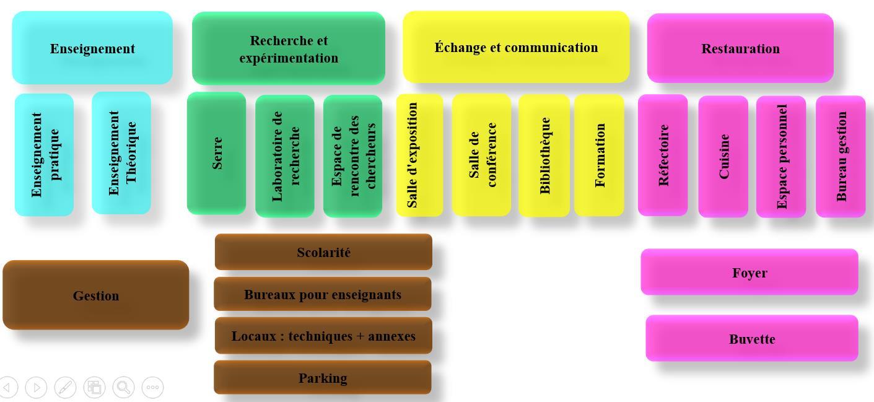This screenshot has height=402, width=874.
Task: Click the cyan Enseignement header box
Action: click(92, 48)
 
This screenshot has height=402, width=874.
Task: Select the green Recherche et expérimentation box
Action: click(289, 49)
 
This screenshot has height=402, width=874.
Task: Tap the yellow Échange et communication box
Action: click(516, 47)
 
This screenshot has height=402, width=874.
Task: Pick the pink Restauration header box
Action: click(740, 48)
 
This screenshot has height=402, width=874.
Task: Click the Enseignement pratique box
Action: click(45, 155)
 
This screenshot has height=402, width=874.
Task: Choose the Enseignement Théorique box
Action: click(121, 153)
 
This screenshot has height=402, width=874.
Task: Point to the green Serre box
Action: click(217, 153)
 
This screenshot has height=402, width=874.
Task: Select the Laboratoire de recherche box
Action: click(285, 156)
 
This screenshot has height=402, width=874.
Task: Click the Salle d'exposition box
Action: click(420, 155)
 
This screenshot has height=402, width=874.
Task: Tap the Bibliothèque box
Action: click(544, 155)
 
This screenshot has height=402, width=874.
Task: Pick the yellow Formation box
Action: click(599, 155)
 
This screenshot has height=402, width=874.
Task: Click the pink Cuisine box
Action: click(723, 156)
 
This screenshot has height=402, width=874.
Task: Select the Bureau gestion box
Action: click(841, 156)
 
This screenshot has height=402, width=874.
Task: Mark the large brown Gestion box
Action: click(96, 295)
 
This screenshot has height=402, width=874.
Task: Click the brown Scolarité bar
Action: click(323, 252)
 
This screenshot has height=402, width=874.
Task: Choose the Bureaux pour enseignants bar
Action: click(323, 294)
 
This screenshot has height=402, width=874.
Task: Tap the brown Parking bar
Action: click(323, 378)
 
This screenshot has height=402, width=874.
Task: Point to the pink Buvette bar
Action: click(752, 339)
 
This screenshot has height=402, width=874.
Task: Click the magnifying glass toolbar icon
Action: click(124, 387)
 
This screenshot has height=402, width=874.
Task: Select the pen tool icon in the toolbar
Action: click(66, 387)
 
